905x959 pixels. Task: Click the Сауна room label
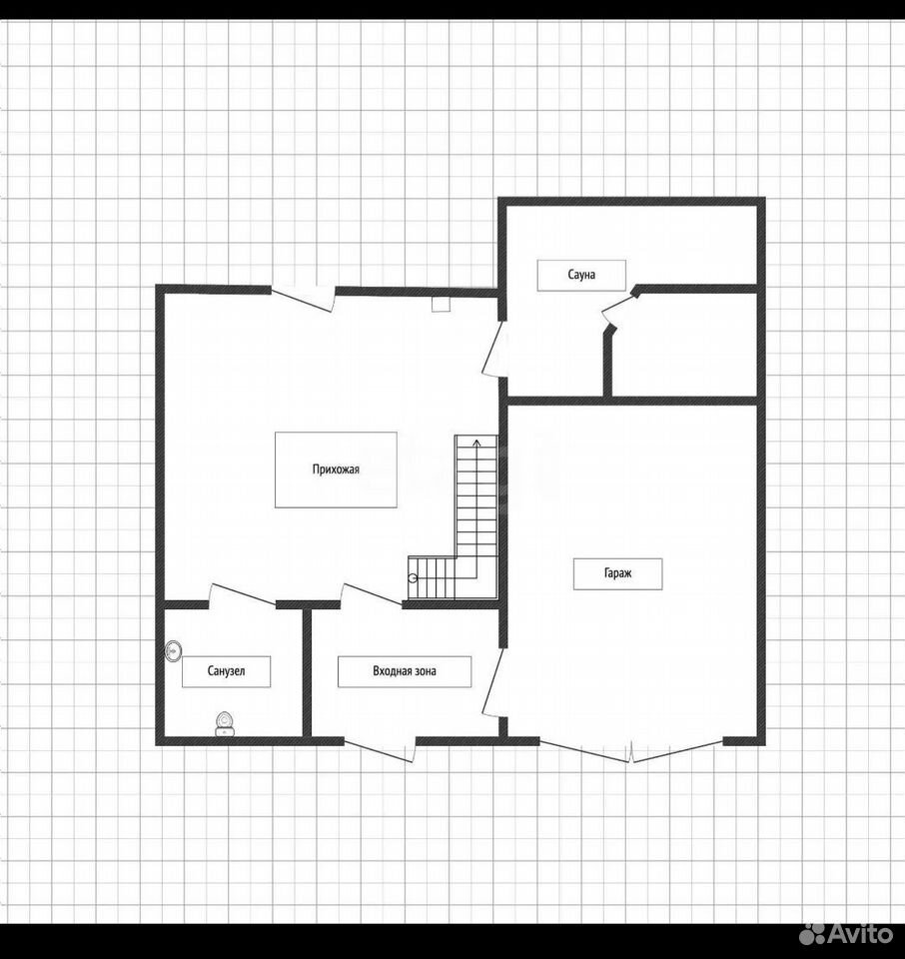coord(581,276)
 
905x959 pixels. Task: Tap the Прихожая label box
coord(336,470)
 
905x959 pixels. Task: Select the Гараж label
coord(617,573)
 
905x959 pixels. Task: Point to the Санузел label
coord(226,671)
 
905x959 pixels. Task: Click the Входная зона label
coord(405,671)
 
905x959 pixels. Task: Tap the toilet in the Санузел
coord(225,724)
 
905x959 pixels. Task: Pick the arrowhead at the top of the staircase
coord(476,442)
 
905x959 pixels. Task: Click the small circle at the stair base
coord(413,578)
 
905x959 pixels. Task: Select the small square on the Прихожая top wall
coord(441,304)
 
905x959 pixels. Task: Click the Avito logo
coord(847,934)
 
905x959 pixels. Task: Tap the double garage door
coord(631,751)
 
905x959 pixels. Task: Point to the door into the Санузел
coord(242,595)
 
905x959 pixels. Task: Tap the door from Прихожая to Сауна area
coord(494,349)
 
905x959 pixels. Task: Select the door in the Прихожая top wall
coord(304,299)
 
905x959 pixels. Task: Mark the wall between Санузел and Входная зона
coord(307,672)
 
